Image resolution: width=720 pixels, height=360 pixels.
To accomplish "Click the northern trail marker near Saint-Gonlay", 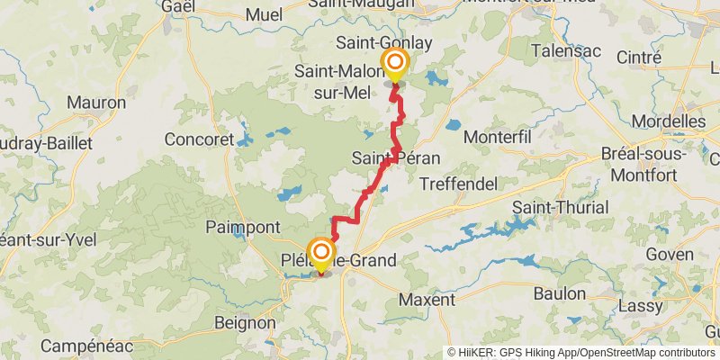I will click(x=394, y=63).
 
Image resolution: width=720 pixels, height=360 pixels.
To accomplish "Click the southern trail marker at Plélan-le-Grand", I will click(x=320, y=252).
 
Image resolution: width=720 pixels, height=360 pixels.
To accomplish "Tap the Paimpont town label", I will click(x=244, y=227).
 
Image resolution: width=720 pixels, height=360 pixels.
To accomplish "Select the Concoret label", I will click(x=199, y=139).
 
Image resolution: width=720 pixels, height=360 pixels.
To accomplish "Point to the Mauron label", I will click(x=96, y=103).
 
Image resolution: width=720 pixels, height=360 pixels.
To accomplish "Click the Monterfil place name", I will click(x=498, y=136).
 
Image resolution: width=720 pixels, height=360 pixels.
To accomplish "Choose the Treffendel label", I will click(x=459, y=183).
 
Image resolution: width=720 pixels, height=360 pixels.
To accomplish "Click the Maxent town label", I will click(x=427, y=298).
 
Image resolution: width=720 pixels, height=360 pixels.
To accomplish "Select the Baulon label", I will click(x=559, y=293).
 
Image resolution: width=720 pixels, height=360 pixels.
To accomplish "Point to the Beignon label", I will click(x=245, y=321).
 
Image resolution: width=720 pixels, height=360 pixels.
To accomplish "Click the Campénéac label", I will click(x=87, y=346).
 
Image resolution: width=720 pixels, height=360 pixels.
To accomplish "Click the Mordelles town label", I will click(x=669, y=121).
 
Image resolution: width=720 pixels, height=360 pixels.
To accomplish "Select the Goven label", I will click(x=670, y=255).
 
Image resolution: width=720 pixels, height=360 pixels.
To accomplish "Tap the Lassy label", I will click(x=640, y=305).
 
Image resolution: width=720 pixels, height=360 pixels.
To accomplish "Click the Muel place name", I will click(x=263, y=13).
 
